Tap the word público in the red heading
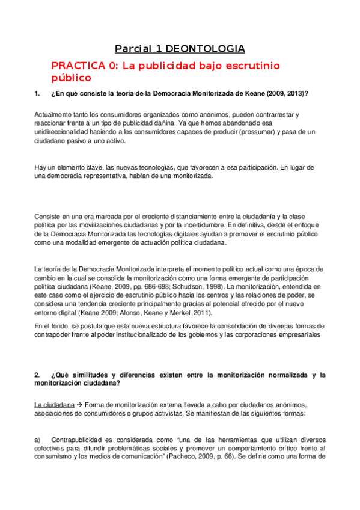pos(71,78)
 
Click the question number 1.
pos(37,94)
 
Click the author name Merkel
pos(196,313)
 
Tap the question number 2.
pos(37,375)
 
